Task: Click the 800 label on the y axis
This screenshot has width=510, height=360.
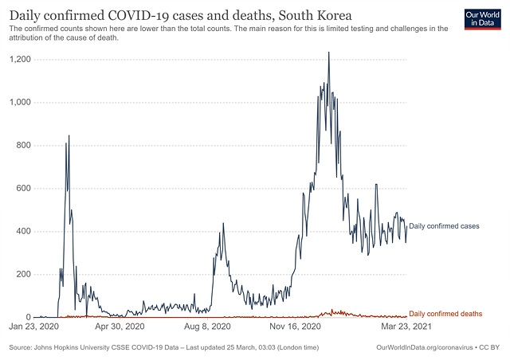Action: click(22, 146)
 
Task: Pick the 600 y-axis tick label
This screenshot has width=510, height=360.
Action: click(22, 189)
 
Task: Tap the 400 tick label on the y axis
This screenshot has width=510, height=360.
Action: click(22, 232)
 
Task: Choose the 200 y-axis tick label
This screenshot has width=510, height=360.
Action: click(22, 275)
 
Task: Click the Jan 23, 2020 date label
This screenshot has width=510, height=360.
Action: click(34, 327)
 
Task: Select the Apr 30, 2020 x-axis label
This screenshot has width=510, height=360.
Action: click(120, 327)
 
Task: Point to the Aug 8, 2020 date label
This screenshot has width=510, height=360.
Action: click(209, 327)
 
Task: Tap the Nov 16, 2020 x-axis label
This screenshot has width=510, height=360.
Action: click(296, 327)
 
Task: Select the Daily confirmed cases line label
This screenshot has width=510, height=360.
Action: click(443, 227)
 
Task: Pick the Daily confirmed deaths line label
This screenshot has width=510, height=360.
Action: click(445, 315)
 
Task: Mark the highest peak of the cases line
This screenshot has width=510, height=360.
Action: click(328, 53)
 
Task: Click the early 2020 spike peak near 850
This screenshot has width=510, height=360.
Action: click(69, 135)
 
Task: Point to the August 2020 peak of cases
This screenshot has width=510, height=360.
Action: click(223, 223)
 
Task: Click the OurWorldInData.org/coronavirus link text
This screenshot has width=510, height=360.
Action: click(423, 348)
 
